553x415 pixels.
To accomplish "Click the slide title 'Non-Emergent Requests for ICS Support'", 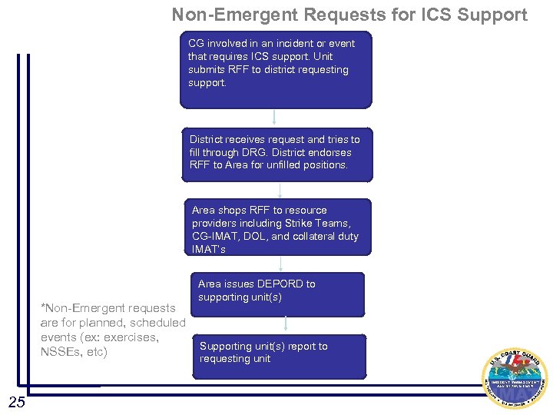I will [x=349, y=15].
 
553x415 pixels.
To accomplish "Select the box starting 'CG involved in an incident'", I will [x=276, y=69].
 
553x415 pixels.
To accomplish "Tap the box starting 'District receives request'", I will [x=276, y=154].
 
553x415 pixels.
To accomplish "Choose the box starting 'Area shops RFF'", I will [x=281, y=227].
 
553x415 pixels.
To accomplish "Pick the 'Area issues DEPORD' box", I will [x=278, y=294].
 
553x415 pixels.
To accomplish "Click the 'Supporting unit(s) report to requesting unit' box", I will [x=279, y=356].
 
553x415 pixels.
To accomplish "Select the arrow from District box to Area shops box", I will [x=280, y=190].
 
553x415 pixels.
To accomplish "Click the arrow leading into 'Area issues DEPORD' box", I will [x=281, y=264].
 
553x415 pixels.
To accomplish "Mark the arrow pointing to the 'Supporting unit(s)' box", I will [x=285, y=324].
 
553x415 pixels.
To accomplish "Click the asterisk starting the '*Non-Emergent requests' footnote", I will [x=43, y=307].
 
